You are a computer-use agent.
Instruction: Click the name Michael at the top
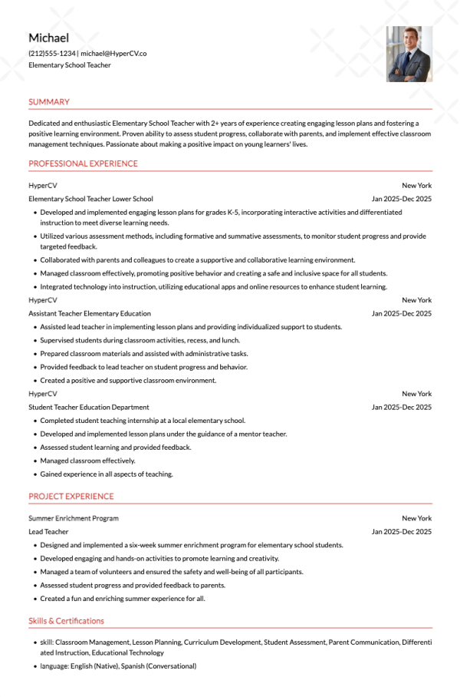coord(48,38)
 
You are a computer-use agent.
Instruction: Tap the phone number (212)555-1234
coord(52,54)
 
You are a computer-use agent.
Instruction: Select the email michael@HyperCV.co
coord(113,54)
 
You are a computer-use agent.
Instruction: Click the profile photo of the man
coord(409,54)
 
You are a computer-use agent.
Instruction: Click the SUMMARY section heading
coord(49,102)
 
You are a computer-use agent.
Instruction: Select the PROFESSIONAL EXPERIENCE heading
coord(83,164)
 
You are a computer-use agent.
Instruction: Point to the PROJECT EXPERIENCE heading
coord(71,497)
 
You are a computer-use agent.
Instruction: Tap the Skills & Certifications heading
coord(66,621)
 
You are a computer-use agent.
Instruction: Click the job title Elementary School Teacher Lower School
coord(90,199)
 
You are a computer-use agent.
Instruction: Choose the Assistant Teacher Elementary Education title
coord(90,313)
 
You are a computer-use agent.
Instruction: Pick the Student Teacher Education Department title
coord(89,407)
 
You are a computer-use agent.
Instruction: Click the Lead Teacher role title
coord(48,531)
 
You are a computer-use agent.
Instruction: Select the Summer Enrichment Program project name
coord(74,518)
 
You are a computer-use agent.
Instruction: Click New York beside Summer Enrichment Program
coord(416,518)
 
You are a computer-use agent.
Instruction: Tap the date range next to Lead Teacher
coord(402,531)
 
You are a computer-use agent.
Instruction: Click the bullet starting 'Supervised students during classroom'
coord(140,340)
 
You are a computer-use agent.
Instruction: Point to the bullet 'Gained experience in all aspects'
coord(107,474)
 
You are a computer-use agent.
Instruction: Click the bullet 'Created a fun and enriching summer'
coord(123,599)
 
